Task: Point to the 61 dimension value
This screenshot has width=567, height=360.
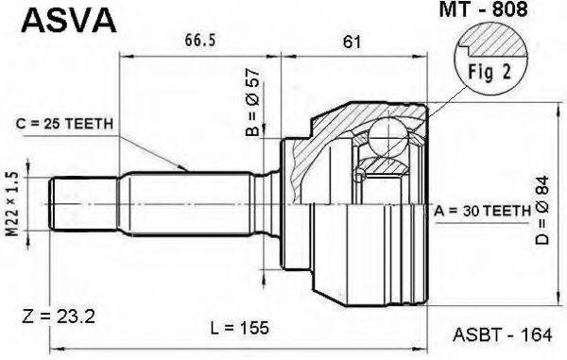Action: point(352,41)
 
